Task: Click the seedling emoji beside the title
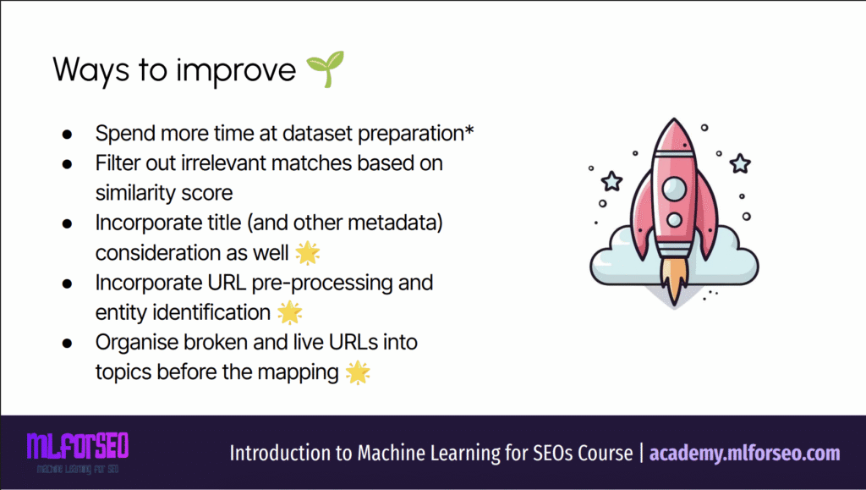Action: click(326, 69)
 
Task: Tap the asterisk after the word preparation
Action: click(469, 130)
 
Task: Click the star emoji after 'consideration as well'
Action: click(308, 253)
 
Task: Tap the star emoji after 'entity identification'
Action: click(290, 312)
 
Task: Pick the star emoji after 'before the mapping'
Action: click(358, 372)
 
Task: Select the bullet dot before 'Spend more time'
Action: click(68, 135)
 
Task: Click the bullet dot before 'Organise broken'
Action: click(68, 343)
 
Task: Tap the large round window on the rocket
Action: click(674, 189)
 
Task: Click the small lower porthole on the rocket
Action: click(674, 220)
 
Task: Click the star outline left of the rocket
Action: click(612, 180)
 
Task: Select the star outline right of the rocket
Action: click(740, 163)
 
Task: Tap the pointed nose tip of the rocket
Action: click(674, 119)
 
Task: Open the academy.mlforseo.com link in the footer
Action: click(744, 454)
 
